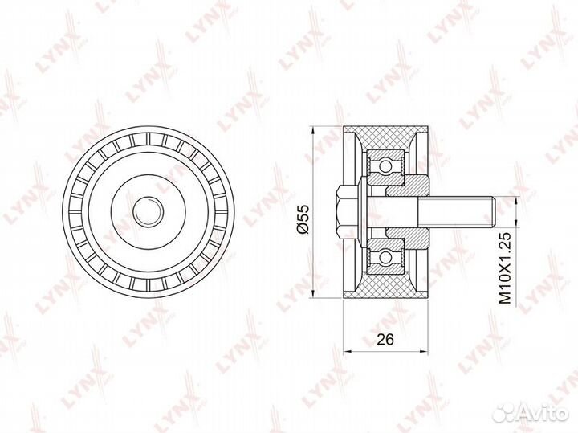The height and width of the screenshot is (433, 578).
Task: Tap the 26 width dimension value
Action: (385, 339)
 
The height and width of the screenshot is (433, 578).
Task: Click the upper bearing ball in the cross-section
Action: (385, 165)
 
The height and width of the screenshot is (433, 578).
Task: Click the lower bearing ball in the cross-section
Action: (385, 257)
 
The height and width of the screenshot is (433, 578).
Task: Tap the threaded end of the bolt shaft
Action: (458, 212)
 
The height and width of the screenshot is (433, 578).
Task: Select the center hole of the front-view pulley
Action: (149, 211)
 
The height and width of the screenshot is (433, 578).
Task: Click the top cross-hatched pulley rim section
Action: (385, 137)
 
